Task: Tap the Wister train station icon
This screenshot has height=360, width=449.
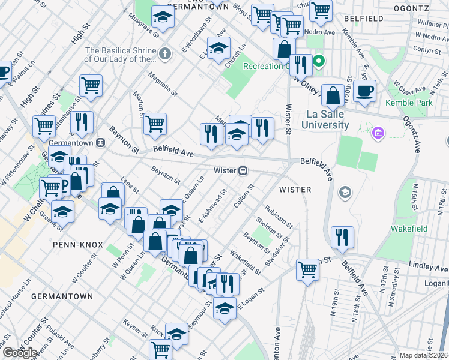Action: (x=243, y=171)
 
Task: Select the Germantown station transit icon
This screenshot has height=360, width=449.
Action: (x=101, y=142)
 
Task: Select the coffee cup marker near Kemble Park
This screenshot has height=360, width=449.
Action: (x=364, y=92)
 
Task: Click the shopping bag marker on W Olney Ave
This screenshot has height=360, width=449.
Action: (x=332, y=95)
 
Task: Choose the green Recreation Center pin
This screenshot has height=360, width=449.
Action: (x=320, y=61)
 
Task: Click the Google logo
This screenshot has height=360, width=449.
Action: (x=20, y=353)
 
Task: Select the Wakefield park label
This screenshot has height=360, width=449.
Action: (x=409, y=229)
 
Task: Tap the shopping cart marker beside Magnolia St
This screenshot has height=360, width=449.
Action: (x=155, y=124)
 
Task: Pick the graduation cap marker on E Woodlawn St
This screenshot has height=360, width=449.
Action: (x=219, y=47)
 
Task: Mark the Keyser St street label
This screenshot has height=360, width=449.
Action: (x=134, y=329)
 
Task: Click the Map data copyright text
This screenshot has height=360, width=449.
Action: (x=424, y=355)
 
